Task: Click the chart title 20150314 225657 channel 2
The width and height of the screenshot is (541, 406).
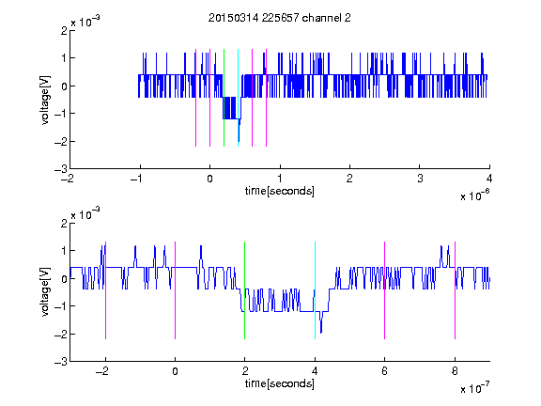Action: click(280, 18)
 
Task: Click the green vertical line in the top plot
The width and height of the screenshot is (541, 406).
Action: click(224, 98)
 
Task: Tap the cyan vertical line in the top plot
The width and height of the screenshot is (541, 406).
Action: click(238, 98)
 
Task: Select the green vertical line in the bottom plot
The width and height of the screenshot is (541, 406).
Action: click(244, 290)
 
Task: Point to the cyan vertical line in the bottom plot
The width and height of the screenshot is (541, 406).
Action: click(315, 290)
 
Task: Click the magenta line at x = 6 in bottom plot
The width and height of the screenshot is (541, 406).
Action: click(385, 290)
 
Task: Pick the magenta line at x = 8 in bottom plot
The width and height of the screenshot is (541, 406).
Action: click(456, 290)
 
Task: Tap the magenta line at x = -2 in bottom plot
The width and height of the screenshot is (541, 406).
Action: click(105, 290)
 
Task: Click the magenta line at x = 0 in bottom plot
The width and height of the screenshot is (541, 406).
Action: click(176, 290)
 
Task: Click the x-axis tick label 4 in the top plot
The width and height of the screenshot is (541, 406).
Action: click(489, 179)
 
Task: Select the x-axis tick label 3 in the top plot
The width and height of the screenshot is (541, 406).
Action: click(420, 179)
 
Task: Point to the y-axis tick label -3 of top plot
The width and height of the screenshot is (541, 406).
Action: click(61, 169)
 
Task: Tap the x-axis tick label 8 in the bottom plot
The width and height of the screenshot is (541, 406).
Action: click(455, 371)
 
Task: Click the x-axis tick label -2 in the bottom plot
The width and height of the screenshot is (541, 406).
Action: click(102, 371)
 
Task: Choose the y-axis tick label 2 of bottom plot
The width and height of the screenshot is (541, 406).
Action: click(64, 224)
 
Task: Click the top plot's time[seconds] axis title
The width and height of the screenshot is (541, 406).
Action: click(280, 191)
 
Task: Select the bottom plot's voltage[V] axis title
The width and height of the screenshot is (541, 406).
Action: click(45, 292)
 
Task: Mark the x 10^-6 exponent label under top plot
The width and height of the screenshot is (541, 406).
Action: click(474, 195)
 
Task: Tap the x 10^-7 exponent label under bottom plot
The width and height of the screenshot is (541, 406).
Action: click(474, 388)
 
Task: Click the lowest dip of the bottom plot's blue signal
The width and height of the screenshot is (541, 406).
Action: click(321, 333)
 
